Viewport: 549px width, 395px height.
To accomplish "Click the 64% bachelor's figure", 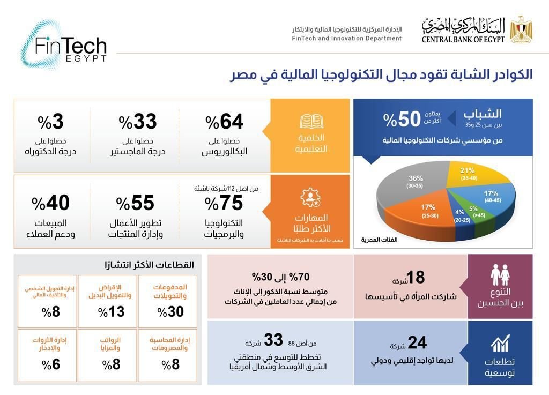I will coord(225,123).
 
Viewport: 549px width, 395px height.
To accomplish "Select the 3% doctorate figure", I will coord(51,123).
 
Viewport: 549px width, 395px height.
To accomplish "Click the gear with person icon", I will coord(311,197).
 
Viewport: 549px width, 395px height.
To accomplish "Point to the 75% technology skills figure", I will coord(224,203).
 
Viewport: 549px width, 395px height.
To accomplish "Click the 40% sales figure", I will coord(51,203).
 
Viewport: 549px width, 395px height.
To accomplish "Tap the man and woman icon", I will coord(500,274).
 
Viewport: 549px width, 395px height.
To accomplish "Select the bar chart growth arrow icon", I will coord(500,343).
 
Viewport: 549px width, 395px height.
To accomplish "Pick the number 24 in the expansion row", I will coord(417,342).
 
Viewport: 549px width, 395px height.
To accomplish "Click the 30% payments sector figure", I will coord(172,312).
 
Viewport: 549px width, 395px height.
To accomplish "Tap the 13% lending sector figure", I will coord(112,312).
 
